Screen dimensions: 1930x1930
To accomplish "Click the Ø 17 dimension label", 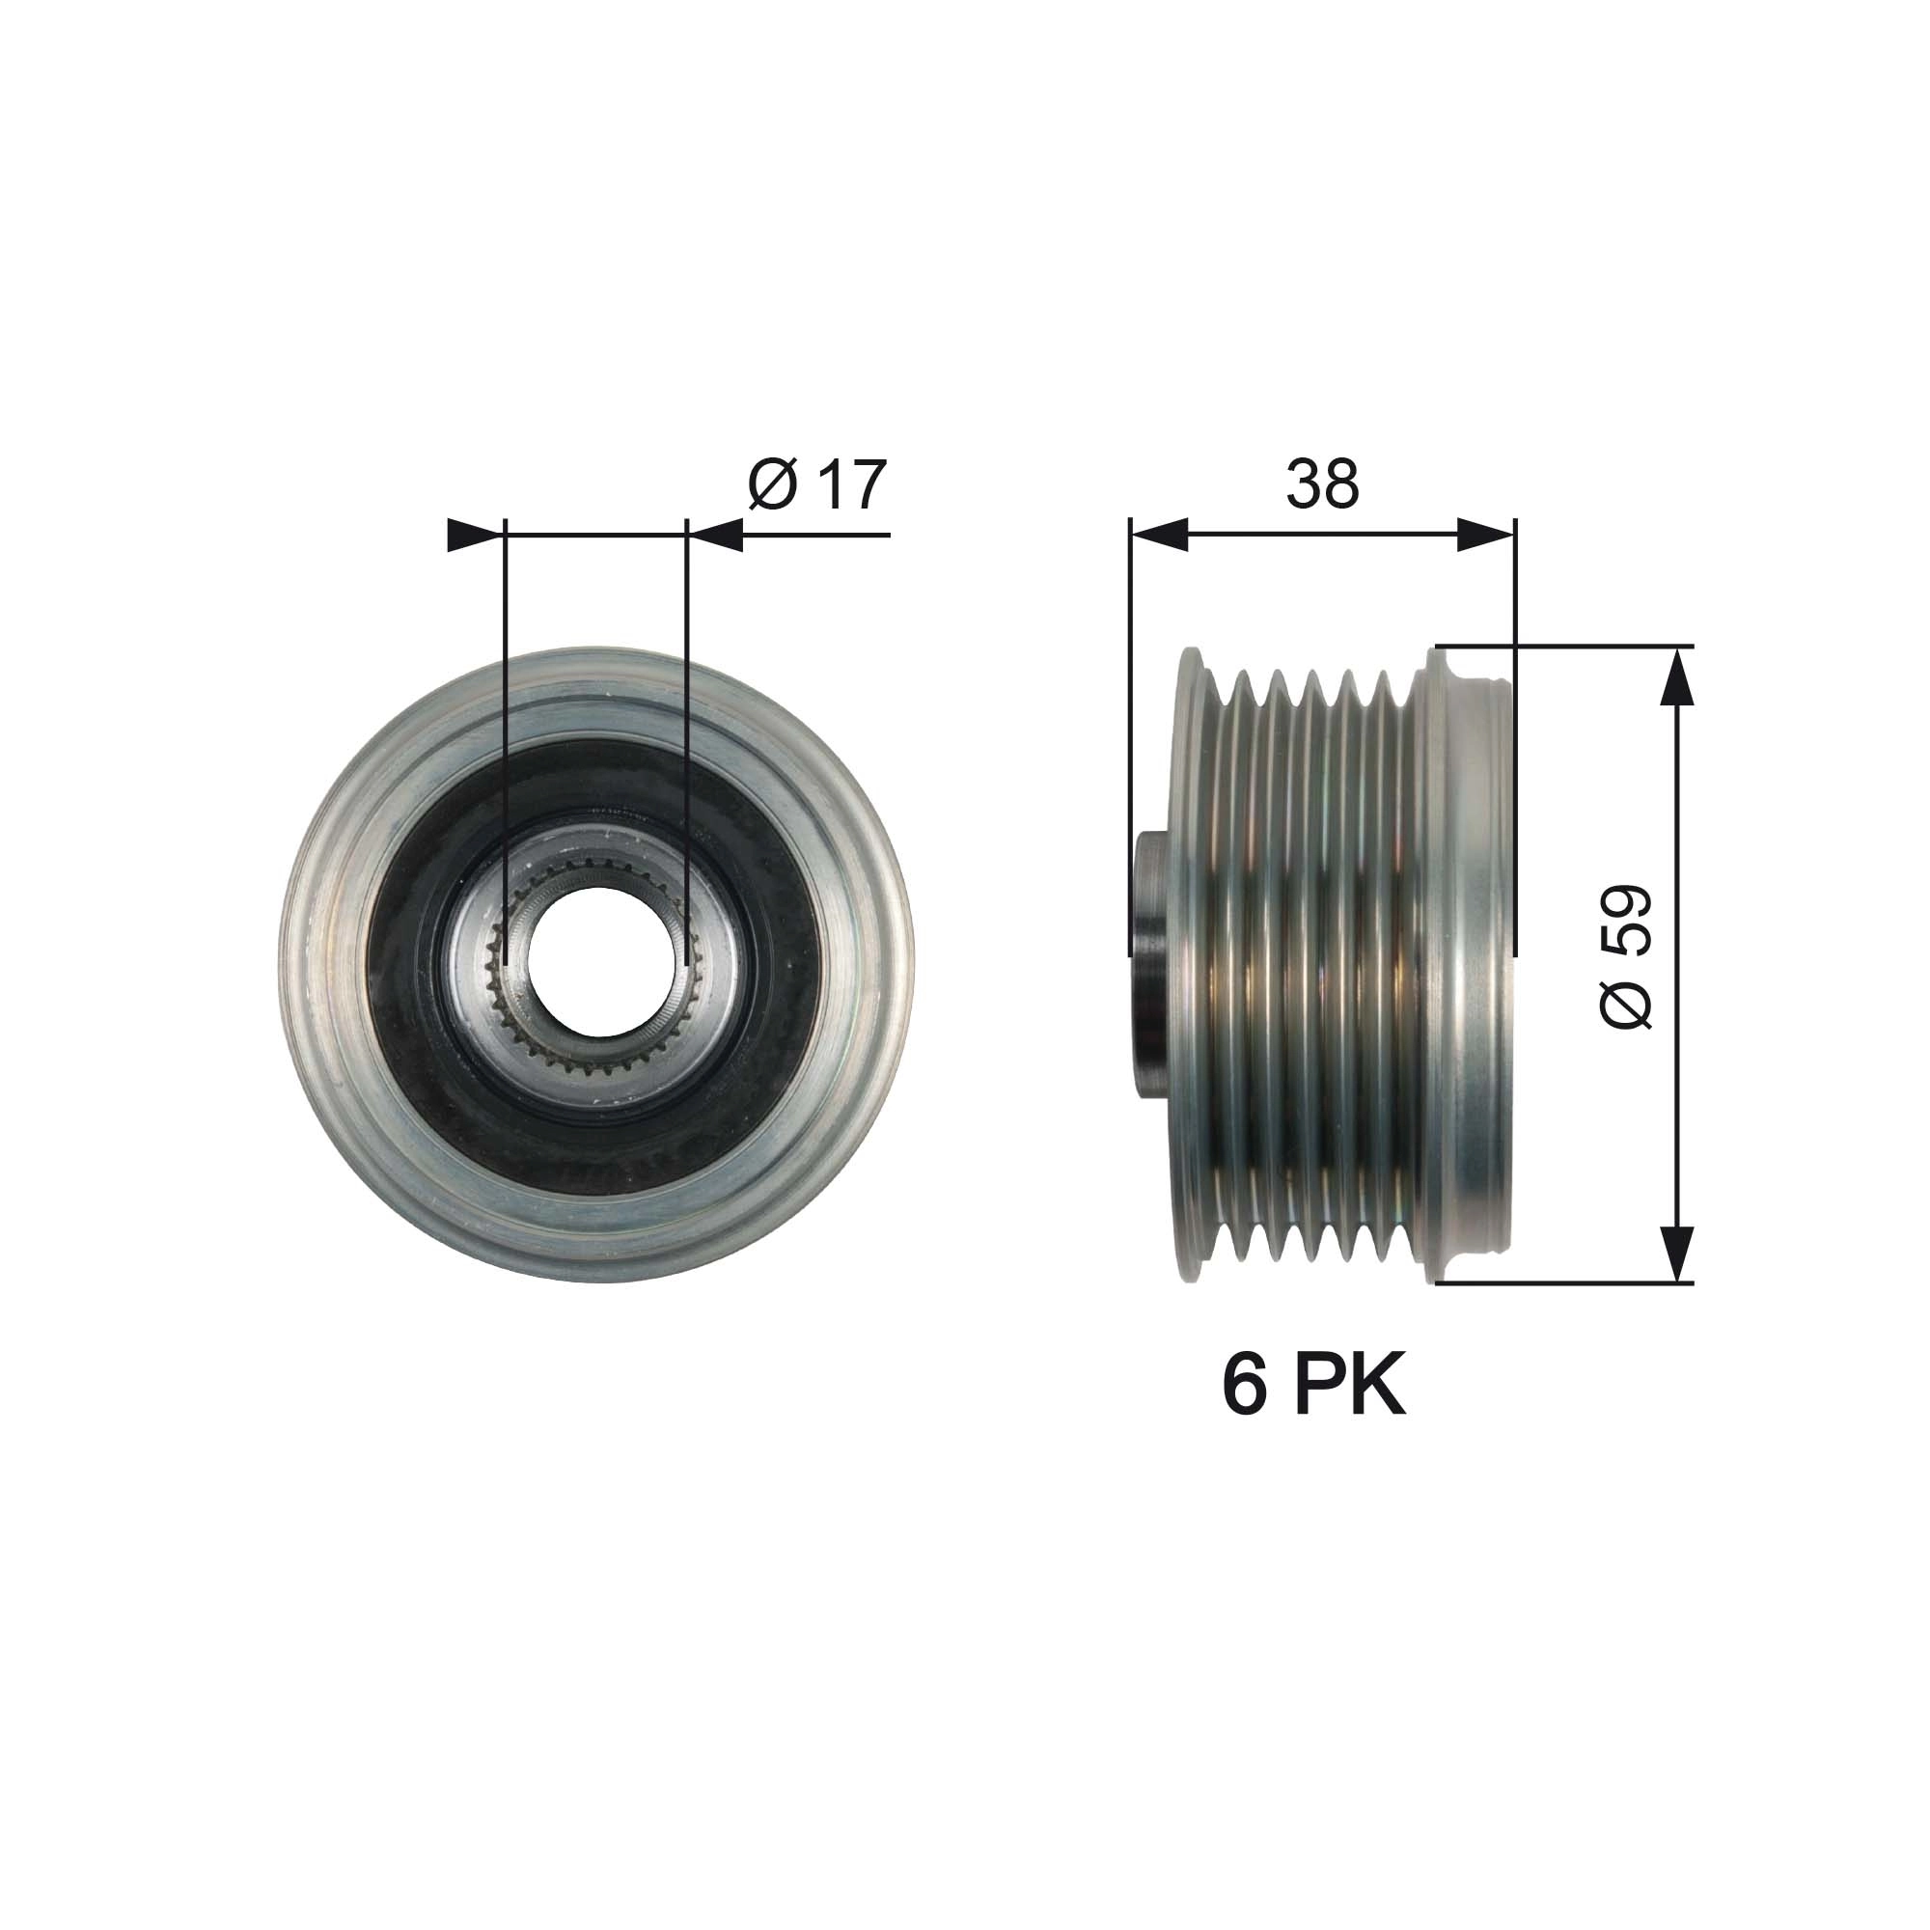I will (816, 485).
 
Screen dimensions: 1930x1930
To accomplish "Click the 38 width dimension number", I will (1322, 484).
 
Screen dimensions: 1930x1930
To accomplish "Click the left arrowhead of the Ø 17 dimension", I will (474, 536).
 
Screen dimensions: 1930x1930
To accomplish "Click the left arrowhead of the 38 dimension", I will (1159, 536).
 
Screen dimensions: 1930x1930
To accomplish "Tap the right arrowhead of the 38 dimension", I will (1486, 536).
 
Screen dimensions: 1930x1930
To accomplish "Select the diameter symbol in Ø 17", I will (772, 485).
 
